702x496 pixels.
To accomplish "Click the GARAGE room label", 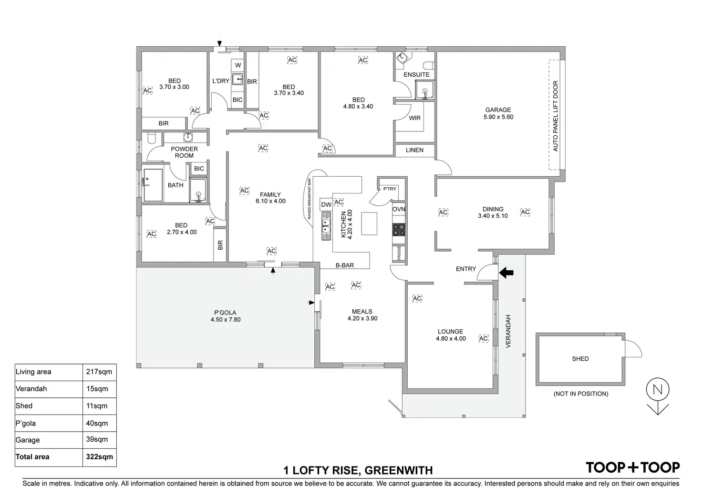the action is pos(498,110).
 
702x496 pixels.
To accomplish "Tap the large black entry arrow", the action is pos(506,273).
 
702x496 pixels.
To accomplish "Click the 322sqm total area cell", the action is pos(99,456).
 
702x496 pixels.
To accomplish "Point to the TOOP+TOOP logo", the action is pos(632,467).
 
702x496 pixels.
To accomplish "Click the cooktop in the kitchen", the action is pos(399,230).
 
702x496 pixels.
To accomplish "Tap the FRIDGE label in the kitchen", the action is pos(399,253).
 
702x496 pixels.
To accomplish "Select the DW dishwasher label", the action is pos(326,205).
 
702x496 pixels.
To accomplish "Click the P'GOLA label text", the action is pos(225,313).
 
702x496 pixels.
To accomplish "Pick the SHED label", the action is pos(580,359).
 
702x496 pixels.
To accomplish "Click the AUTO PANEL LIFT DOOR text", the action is pos(556,116).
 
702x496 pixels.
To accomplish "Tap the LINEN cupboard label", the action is pos(414,150).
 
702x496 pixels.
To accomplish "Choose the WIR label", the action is pos(414,118).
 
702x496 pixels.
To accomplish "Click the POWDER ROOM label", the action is pos(184,152).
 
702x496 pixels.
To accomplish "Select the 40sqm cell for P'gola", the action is pos(97,423).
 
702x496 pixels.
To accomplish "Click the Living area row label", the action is pos(33,372).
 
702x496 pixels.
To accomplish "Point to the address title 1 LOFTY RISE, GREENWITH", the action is pos(358,471).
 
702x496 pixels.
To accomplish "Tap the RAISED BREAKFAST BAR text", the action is pos(309,199).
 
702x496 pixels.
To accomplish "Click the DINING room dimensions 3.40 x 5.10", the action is pos(493,216).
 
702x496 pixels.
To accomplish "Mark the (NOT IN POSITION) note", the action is pos(580,394).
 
